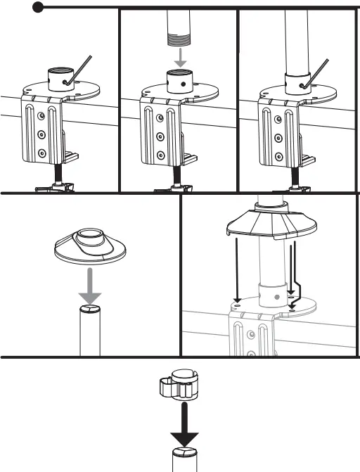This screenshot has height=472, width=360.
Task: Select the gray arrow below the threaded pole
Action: pyautogui.click(x=181, y=58)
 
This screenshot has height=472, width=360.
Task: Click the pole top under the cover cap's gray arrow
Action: pyautogui.click(x=89, y=310)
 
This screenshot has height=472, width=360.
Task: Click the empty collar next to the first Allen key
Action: pyautogui.click(x=60, y=76)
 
